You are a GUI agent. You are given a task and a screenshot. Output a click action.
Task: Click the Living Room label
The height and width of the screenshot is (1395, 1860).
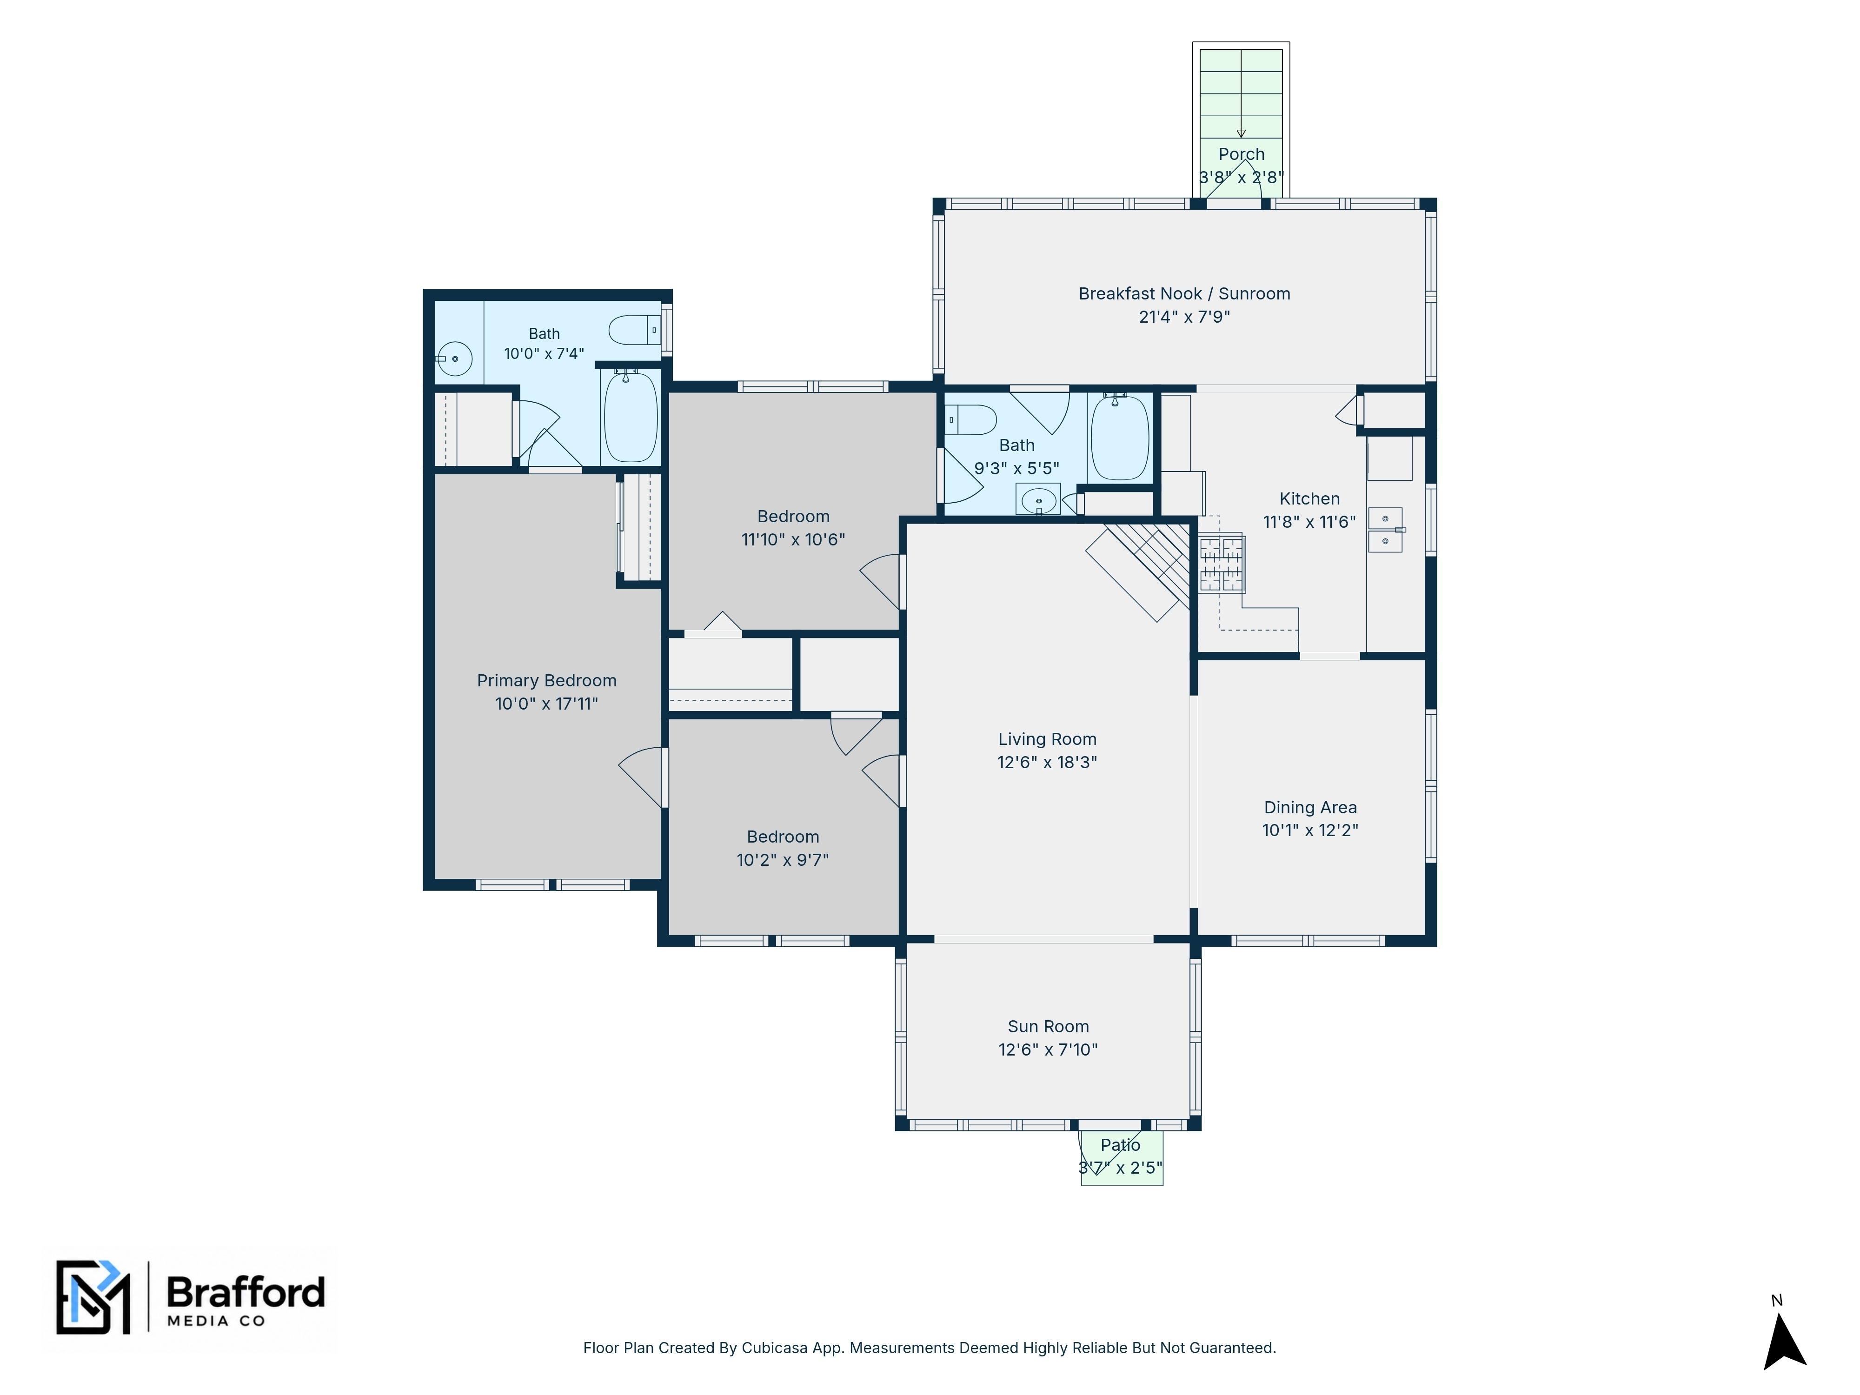pyautogui.click(x=1047, y=739)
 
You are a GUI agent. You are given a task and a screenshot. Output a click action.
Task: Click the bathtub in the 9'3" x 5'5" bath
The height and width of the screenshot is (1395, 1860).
pyautogui.click(x=1119, y=437)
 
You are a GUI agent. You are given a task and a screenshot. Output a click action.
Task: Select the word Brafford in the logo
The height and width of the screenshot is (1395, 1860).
pyautogui.click(x=246, y=1292)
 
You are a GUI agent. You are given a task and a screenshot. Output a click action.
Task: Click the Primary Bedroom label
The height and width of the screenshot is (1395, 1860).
pyautogui.click(x=546, y=680)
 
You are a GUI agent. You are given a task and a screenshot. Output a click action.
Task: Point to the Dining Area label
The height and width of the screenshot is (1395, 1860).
pyautogui.click(x=1310, y=807)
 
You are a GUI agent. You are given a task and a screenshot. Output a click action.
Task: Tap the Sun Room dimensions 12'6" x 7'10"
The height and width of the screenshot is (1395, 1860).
pyautogui.click(x=1048, y=1050)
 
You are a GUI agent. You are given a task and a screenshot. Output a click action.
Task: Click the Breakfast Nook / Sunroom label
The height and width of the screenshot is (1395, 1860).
pyautogui.click(x=1184, y=293)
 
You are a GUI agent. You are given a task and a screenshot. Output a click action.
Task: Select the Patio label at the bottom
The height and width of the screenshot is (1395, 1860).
pyautogui.click(x=1120, y=1144)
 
